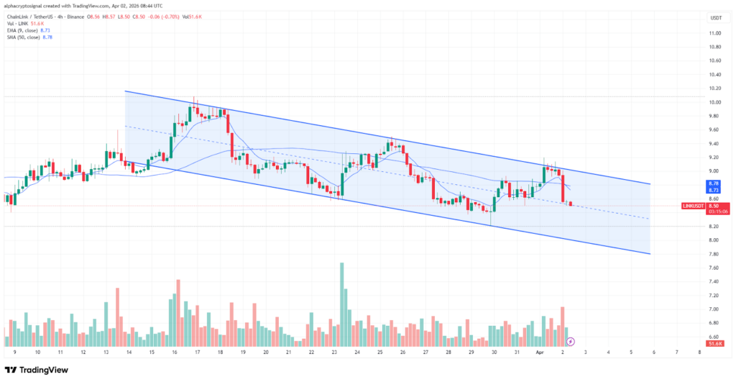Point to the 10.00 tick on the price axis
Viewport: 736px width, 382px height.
(714, 102)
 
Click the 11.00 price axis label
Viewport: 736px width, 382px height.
(714, 33)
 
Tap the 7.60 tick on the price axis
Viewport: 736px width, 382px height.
(714, 268)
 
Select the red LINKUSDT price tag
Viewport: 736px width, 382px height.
(694, 206)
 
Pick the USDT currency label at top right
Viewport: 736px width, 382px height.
(714, 18)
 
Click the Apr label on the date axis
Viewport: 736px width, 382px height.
(540, 353)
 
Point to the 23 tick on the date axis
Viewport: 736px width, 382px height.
(334, 353)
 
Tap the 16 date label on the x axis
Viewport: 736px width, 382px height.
(175, 353)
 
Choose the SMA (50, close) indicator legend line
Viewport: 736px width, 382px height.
(29, 36)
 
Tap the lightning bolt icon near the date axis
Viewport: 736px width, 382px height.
(570, 341)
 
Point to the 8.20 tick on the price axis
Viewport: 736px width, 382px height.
(714, 227)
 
